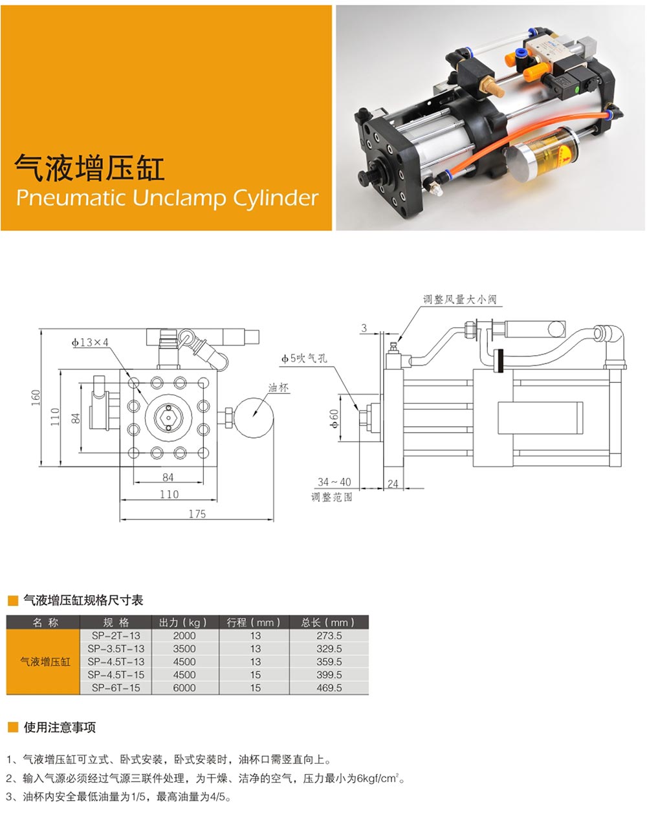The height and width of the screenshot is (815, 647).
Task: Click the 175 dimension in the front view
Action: pyautogui.click(x=197, y=514)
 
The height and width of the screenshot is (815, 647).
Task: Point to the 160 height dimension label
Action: pyautogui.click(x=36, y=398)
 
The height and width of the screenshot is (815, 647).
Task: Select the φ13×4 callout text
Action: pyautogui.click(x=90, y=342)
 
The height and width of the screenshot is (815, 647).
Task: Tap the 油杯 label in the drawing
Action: pyautogui.click(x=278, y=387)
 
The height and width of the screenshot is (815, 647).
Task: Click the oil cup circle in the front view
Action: pyautogui.click(x=254, y=417)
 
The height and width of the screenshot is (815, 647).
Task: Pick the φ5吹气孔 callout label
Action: pyautogui.click(x=304, y=358)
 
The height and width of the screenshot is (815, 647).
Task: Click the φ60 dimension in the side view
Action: pyautogui.click(x=334, y=418)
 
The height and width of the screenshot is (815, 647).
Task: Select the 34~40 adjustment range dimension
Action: pyautogui.click(x=334, y=482)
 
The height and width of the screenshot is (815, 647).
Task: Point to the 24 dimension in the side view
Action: pyautogui.click(x=393, y=484)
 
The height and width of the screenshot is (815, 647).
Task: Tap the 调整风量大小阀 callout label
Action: pyautogui.click(x=459, y=299)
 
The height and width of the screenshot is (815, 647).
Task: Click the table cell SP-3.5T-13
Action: pyautogui.click(x=116, y=649)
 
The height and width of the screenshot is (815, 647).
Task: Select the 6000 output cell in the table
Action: pyautogui.click(x=184, y=688)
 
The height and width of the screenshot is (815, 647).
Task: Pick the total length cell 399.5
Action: pyautogui.click(x=329, y=675)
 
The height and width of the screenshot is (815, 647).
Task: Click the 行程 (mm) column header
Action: pyautogui.click(x=254, y=623)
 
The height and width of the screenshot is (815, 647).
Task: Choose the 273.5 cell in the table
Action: pyautogui.click(x=329, y=635)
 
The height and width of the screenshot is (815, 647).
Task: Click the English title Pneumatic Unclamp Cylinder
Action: pyautogui.click(x=167, y=198)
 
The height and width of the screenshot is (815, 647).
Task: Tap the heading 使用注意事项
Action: pyautogui.click(x=60, y=728)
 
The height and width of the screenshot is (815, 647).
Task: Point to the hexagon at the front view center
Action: pyautogui.click(x=169, y=417)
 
